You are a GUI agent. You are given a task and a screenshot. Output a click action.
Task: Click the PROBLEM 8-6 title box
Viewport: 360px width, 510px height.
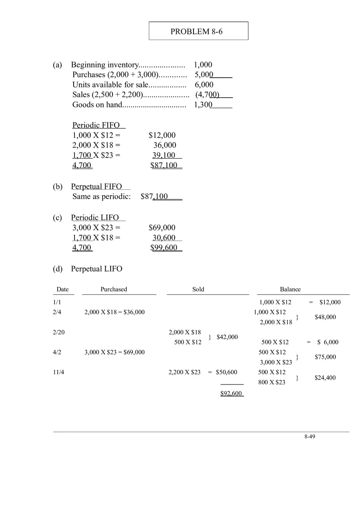[198, 31]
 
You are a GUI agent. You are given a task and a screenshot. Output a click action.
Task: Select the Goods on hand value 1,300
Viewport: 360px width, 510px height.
[203, 105]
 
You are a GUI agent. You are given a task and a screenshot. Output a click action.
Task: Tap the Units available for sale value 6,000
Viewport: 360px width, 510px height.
[204, 85]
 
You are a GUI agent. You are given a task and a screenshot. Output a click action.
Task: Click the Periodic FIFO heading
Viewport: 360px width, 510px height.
[97, 125]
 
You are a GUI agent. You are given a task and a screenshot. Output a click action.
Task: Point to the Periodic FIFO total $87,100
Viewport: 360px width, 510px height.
[164, 165]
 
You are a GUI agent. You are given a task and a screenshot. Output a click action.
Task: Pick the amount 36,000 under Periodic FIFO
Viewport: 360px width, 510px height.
[165, 145]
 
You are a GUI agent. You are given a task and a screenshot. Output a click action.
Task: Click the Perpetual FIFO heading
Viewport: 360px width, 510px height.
[97, 186]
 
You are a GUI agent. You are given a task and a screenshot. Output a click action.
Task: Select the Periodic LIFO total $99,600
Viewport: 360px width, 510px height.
[164, 247]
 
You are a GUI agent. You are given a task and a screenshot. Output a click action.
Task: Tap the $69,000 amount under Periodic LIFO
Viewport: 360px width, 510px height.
[162, 228]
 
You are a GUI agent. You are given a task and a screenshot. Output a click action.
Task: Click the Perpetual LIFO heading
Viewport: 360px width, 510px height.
[97, 269]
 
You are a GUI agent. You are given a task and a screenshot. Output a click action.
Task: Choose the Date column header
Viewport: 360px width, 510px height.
[63, 289]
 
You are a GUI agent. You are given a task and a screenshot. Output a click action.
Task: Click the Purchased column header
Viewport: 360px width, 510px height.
[114, 289]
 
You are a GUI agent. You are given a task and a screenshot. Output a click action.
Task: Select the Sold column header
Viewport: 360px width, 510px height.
[198, 289]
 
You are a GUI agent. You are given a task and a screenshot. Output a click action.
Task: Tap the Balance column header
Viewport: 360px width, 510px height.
[290, 289]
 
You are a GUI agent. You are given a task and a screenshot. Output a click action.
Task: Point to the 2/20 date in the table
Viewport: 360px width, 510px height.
[59, 332]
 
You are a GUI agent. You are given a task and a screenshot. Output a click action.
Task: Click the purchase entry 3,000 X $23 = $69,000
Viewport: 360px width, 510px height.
[115, 352]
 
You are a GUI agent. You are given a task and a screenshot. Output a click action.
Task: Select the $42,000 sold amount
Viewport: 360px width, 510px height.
[227, 337]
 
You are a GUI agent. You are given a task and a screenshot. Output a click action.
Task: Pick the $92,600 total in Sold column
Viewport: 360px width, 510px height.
[231, 393]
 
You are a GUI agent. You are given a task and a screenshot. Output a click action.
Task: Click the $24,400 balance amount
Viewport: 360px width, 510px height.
[325, 377]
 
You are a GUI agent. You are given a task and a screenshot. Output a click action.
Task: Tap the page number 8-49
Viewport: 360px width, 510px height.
[310, 436]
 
